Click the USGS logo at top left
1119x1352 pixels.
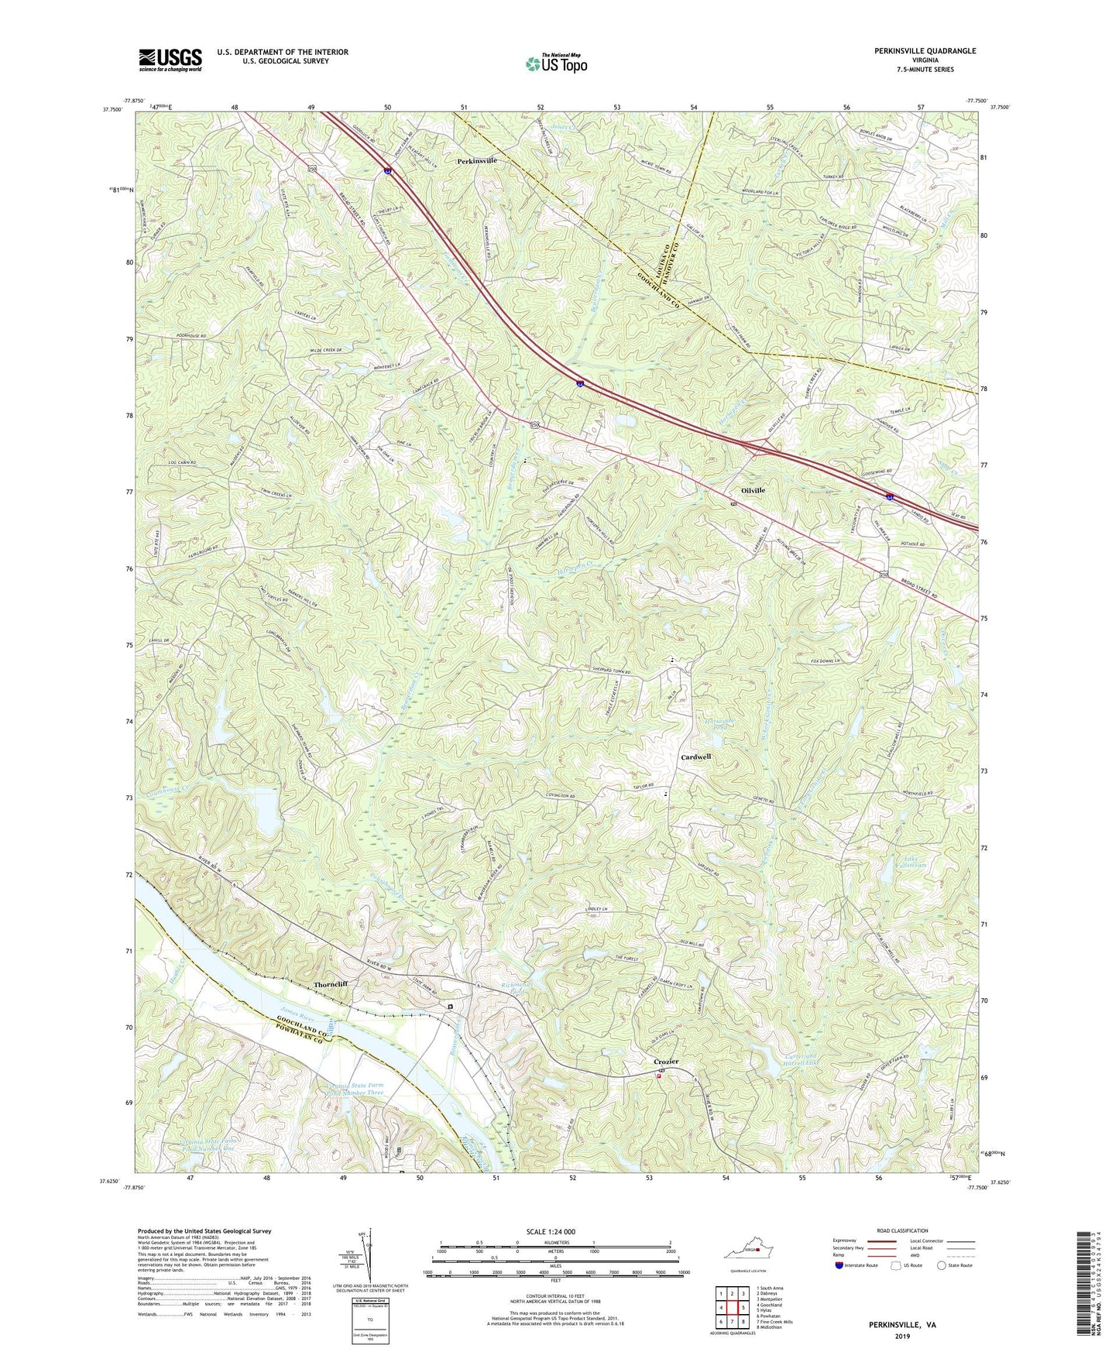[170, 60]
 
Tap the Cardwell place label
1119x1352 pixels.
[695, 757]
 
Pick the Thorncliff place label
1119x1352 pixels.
[331, 984]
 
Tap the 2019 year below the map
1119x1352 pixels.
[901, 1336]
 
